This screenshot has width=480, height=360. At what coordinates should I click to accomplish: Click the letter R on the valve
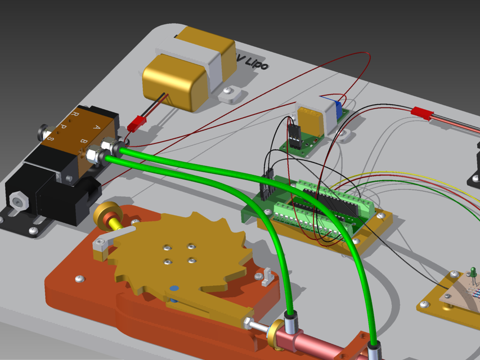coord(73,115)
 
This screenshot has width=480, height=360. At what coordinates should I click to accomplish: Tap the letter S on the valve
coord(50,138)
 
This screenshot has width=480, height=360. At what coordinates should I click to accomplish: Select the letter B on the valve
coord(84,140)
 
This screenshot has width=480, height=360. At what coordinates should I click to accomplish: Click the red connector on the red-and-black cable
coord(421,113)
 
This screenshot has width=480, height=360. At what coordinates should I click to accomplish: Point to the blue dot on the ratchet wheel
coord(174,289)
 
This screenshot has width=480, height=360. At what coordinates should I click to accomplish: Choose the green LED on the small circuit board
coord(473,274)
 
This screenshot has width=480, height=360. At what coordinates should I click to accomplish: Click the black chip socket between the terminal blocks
coord(332,203)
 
